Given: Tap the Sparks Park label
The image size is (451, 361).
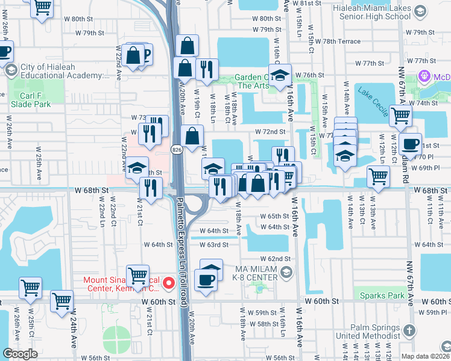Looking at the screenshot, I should coord(382,295).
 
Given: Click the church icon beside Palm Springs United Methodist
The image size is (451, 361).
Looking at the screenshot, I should coord(409,330).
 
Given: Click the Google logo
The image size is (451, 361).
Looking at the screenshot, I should coord(20,354).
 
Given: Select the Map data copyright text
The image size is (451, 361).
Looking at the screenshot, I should coord(424,356).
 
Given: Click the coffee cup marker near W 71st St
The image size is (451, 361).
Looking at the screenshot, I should coord(410,144).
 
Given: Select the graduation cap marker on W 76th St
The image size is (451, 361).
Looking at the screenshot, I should coord(280,76).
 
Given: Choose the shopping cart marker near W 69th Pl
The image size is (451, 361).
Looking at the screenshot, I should coord(379,177).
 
